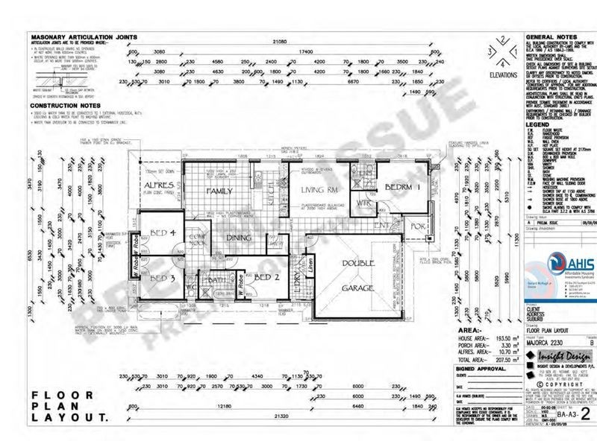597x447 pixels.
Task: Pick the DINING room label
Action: (x=240, y=238)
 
